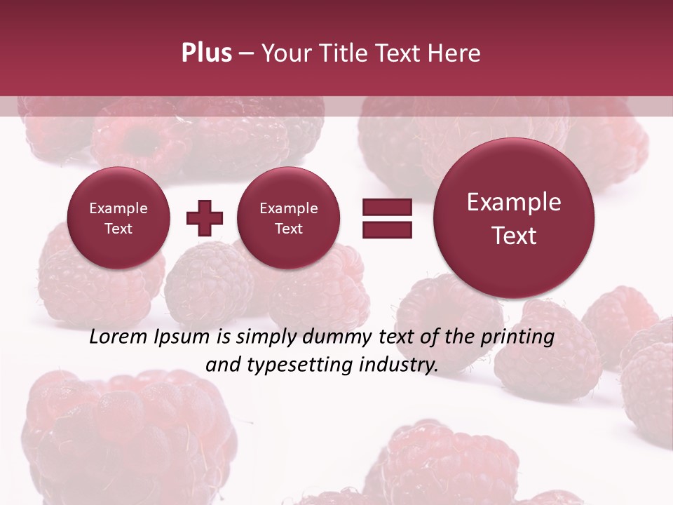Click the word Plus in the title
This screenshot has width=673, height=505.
206,53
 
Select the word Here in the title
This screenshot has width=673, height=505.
454,53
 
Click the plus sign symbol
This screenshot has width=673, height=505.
205,218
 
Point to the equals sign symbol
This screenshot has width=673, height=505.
387,218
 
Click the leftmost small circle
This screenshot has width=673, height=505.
118,218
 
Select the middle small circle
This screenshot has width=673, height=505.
288,218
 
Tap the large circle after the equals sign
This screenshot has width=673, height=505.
514,218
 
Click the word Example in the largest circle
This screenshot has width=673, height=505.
514,202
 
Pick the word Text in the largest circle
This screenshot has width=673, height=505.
514,236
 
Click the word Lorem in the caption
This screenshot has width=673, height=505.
115,337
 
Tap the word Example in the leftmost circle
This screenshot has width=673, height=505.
118,208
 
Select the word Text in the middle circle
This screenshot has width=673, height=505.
288,229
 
